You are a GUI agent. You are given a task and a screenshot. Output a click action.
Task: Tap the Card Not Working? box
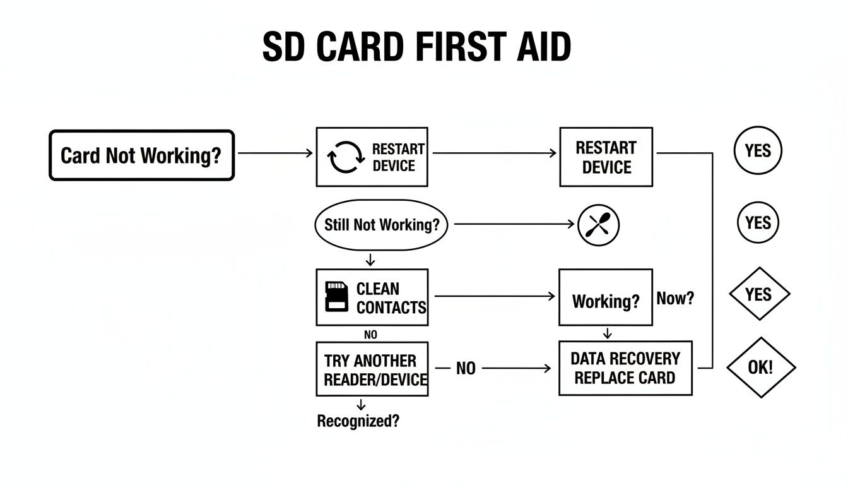pos(141,155)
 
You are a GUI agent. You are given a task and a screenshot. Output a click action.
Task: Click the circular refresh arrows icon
pos(346,157)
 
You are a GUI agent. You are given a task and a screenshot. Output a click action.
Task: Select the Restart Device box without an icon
pos(606,157)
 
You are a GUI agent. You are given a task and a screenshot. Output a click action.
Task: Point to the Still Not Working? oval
pos(381,225)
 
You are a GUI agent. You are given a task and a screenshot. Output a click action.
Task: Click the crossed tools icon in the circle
pos(599,225)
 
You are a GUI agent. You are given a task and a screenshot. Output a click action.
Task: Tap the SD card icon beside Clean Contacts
pos(336,297)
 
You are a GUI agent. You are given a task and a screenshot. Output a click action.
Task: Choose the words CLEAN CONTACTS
pos(391,298)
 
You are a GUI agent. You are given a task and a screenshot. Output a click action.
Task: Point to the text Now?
pos(675,298)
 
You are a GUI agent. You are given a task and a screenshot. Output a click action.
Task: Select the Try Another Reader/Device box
pos(372,369)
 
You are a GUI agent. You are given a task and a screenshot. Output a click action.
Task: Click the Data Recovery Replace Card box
pos(625,368)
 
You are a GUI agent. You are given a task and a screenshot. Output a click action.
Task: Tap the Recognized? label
pos(358,421)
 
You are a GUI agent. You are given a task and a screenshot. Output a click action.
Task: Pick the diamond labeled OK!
pos(760,368)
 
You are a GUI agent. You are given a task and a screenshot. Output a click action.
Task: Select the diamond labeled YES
pos(759,294)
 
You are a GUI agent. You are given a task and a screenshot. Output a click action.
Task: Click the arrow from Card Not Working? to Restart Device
pos(275,153)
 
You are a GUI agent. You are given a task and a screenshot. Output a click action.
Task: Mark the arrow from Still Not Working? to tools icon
pos(514,224)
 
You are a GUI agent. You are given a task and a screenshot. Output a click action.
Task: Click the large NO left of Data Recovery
pos(466,368)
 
